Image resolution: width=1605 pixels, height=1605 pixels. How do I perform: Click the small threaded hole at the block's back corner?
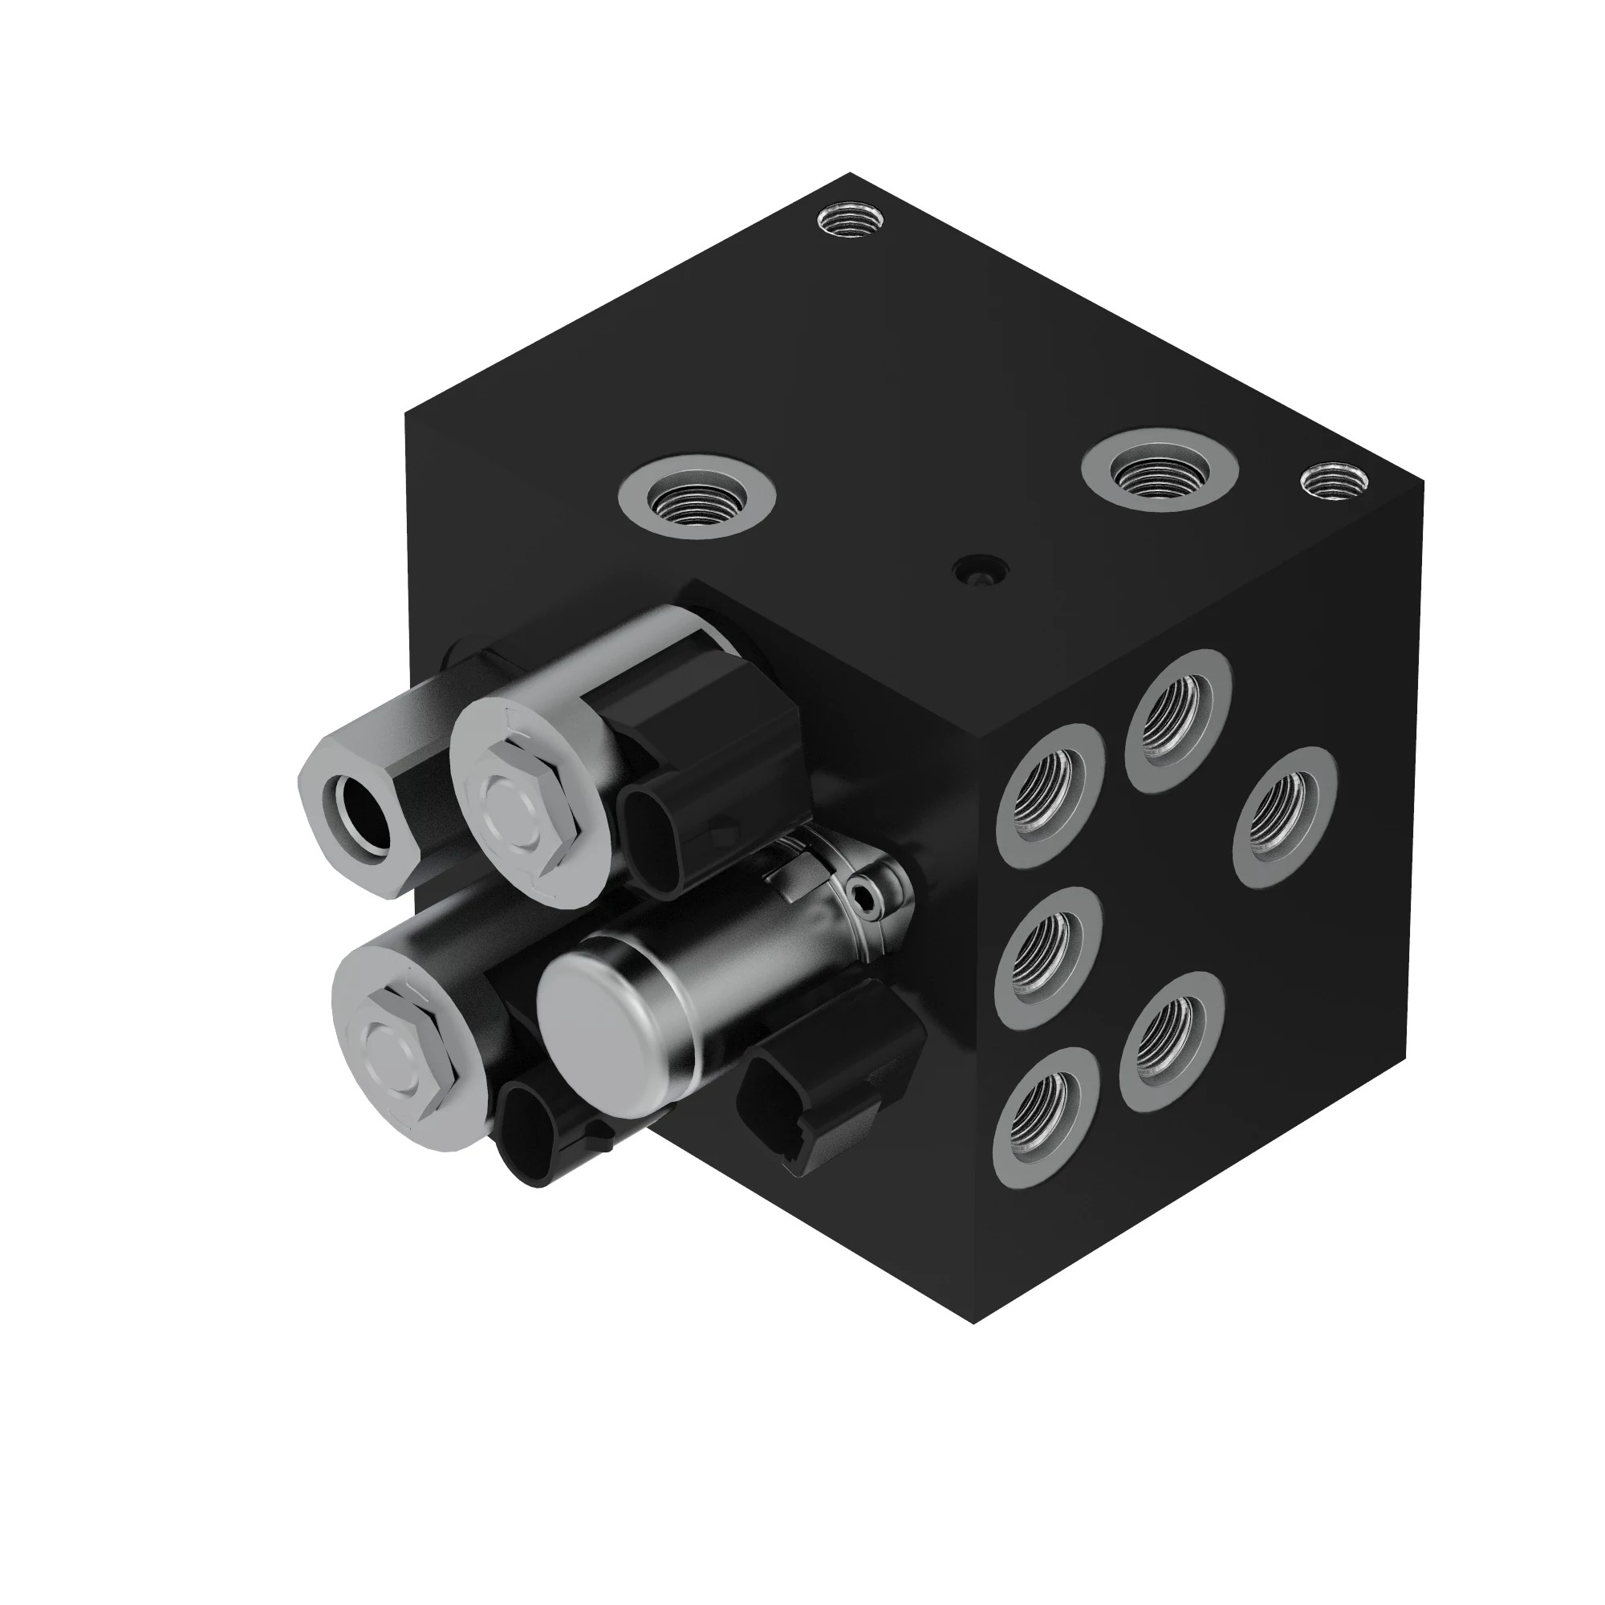click(x=850, y=221)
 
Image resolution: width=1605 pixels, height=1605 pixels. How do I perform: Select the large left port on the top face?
click(x=697, y=497)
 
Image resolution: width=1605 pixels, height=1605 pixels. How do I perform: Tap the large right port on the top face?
click(x=1160, y=472)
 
